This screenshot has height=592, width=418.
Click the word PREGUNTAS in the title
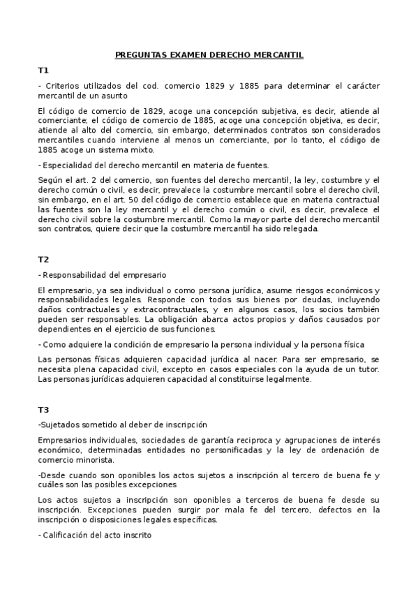coord(139,54)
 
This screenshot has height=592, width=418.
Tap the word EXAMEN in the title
coord(187,54)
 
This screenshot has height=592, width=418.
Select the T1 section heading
coord(43,71)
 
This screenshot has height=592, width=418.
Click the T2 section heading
coord(43,259)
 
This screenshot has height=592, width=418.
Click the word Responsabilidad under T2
coord(74,275)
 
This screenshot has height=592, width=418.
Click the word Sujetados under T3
coord(61,424)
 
